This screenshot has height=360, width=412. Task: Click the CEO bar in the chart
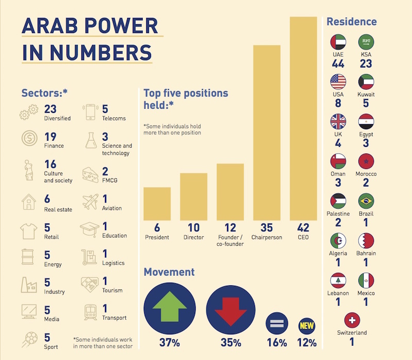coord(303,118)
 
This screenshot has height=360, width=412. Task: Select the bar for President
coord(157,203)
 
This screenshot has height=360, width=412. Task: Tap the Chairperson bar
coord(266,132)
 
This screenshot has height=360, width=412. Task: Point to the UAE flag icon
coord(338,42)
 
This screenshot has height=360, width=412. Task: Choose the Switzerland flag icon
coord(352,320)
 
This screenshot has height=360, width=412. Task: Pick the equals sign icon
coord(277,324)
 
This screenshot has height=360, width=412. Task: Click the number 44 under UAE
coord(338,64)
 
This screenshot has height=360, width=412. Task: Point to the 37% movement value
coord(169,342)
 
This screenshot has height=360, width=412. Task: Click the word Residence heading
coord(352,22)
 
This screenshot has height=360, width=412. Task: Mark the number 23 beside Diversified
coord(50,109)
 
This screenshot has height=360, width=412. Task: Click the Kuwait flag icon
coord(366,82)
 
